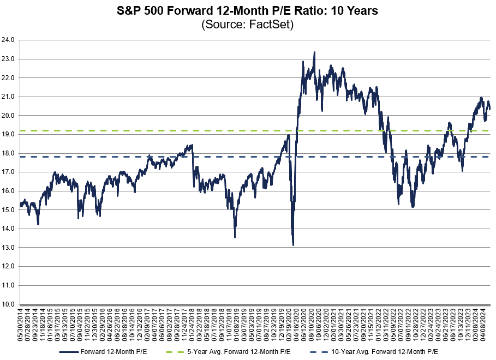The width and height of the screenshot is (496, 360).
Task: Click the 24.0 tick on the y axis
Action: [x=9, y=40]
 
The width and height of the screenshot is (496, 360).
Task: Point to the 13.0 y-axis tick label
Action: [x=9, y=248]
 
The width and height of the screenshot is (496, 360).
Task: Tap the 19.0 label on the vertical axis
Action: [x=9, y=134]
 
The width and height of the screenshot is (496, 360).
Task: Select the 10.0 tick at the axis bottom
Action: [x=9, y=304]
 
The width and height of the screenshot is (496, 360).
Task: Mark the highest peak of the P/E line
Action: [x=314, y=52]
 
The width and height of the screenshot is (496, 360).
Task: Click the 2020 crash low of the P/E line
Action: [x=294, y=245]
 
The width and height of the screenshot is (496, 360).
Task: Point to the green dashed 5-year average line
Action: [x=164, y=131]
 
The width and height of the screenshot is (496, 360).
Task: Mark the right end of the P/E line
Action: [x=489, y=109]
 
